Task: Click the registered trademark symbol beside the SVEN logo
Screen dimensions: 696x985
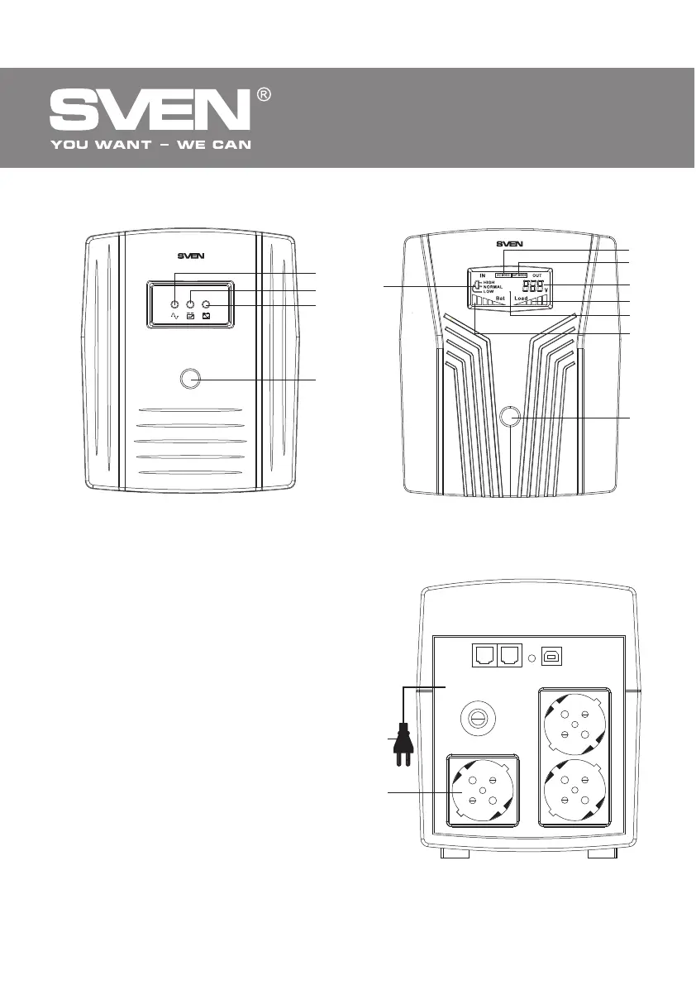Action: [x=264, y=96]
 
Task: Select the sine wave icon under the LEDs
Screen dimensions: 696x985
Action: [x=174, y=317]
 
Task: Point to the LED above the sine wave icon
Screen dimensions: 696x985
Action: [x=174, y=304]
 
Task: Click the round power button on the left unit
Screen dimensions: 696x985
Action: [x=190, y=380]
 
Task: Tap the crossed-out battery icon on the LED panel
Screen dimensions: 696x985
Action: [x=205, y=317]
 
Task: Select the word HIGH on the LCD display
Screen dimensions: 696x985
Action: [x=489, y=282]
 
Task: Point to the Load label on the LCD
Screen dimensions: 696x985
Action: [x=520, y=298]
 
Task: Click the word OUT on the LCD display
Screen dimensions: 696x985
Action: [x=537, y=274]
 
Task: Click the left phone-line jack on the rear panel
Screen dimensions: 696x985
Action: [x=483, y=656]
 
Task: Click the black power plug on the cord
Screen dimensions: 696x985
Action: [x=403, y=741]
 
